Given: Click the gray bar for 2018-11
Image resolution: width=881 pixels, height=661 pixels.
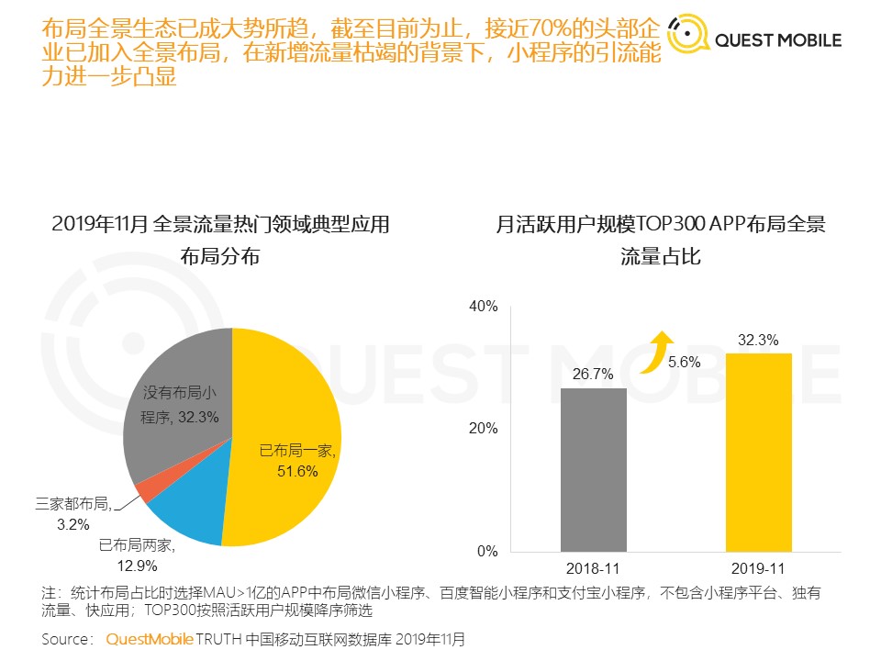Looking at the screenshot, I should [594, 469].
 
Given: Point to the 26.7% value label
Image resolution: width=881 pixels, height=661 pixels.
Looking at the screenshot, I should [594, 374].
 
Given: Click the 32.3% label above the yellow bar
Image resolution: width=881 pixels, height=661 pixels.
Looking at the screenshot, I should [758, 340].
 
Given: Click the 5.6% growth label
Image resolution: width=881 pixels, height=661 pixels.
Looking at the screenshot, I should [684, 362].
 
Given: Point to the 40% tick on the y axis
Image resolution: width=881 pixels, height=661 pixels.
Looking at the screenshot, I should [483, 306].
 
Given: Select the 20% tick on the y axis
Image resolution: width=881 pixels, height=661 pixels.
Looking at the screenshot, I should [483, 429].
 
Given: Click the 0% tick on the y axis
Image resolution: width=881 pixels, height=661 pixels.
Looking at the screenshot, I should [486, 552].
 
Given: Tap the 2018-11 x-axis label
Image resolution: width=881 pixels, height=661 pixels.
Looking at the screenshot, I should [594, 570].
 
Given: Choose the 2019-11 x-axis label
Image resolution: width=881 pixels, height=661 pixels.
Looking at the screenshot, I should [758, 570].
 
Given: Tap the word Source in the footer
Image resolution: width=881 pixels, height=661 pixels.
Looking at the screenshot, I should [66, 638].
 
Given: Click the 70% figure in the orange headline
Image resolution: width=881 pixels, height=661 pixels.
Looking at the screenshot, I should [559, 28].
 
